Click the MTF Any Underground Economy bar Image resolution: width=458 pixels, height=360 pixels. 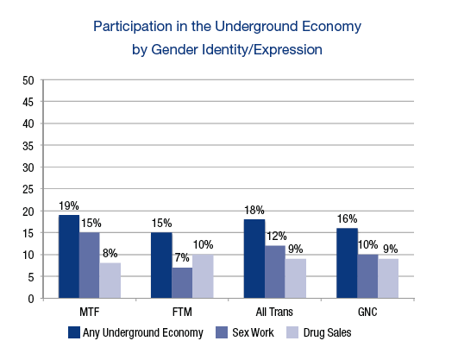pos(69,256)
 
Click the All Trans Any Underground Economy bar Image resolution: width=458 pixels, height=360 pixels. pos(254,259)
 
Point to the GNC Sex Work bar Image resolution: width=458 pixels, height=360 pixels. pos(367,276)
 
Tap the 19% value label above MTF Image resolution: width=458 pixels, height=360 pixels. pos(69,206)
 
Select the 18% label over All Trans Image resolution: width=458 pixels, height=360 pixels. pos(254,211)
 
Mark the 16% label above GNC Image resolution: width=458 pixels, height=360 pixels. pos(346,219)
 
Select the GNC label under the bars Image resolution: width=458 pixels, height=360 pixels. pos(368,309)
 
